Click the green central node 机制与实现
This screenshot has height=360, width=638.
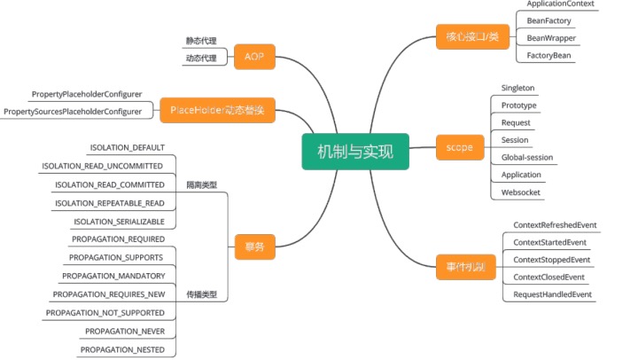[x=354, y=151]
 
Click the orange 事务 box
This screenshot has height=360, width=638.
[x=254, y=247]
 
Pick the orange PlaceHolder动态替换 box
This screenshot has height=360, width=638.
[x=217, y=111]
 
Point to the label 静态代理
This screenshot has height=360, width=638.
[x=201, y=41]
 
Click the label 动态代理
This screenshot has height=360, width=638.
[x=201, y=59]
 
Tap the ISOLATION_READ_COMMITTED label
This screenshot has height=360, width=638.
[x=110, y=184]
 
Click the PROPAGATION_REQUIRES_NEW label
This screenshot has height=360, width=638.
[x=109, y=294]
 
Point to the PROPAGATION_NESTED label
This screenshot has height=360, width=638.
[x=122, y=350]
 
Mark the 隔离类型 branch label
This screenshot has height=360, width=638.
[x=201, y=184]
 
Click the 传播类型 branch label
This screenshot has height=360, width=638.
[x=201, y=294]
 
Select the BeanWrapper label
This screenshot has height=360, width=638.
[x=549, y=38]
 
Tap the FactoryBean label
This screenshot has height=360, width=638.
[x=549, y=55]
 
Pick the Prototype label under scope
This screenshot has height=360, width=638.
[x=519, y=106]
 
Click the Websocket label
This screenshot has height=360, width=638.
[x=521, y=192]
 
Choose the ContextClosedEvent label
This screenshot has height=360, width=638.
[x=549, y=277]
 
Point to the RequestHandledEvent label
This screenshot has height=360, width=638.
[x=552, y=293]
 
